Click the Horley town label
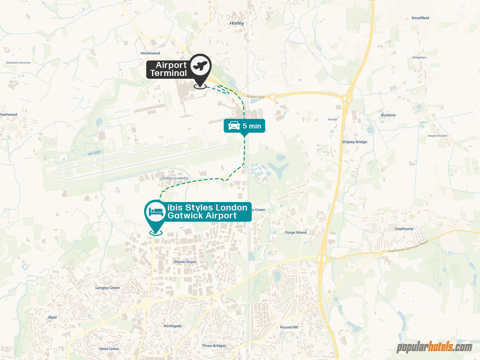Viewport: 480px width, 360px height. (237, 22)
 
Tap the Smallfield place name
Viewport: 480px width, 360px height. (420, 18)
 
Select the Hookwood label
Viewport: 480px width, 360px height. (150, 53)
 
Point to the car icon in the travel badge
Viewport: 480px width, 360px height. (234, 126)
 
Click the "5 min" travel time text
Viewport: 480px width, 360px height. (252, 126)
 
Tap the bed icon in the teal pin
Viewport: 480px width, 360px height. (156, 212)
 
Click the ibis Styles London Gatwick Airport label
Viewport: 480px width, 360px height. (207, 211)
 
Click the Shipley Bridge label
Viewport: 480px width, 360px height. (354, 142)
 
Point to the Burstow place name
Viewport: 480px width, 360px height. (388, 115)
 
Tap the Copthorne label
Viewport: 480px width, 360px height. (404, 229)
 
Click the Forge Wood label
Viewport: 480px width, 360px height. (295, 232)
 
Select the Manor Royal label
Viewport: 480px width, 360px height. (185, 262)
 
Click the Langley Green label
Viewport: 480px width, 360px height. (107, 288)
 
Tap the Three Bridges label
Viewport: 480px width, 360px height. (214, 346)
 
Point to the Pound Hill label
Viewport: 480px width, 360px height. (289, 327)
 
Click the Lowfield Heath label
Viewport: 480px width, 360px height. (173, 178)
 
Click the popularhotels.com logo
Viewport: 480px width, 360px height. (434, 347)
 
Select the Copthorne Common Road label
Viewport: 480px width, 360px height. (407, 247)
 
